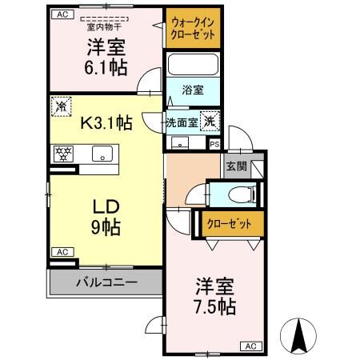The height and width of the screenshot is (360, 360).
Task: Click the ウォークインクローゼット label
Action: (192, 29)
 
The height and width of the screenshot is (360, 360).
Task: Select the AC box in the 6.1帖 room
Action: (64, 14)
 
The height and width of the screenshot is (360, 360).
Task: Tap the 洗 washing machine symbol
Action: (208, 122)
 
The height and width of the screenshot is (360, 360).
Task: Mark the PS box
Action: (214, 144)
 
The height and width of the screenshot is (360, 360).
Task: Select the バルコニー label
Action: (106, 282)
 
